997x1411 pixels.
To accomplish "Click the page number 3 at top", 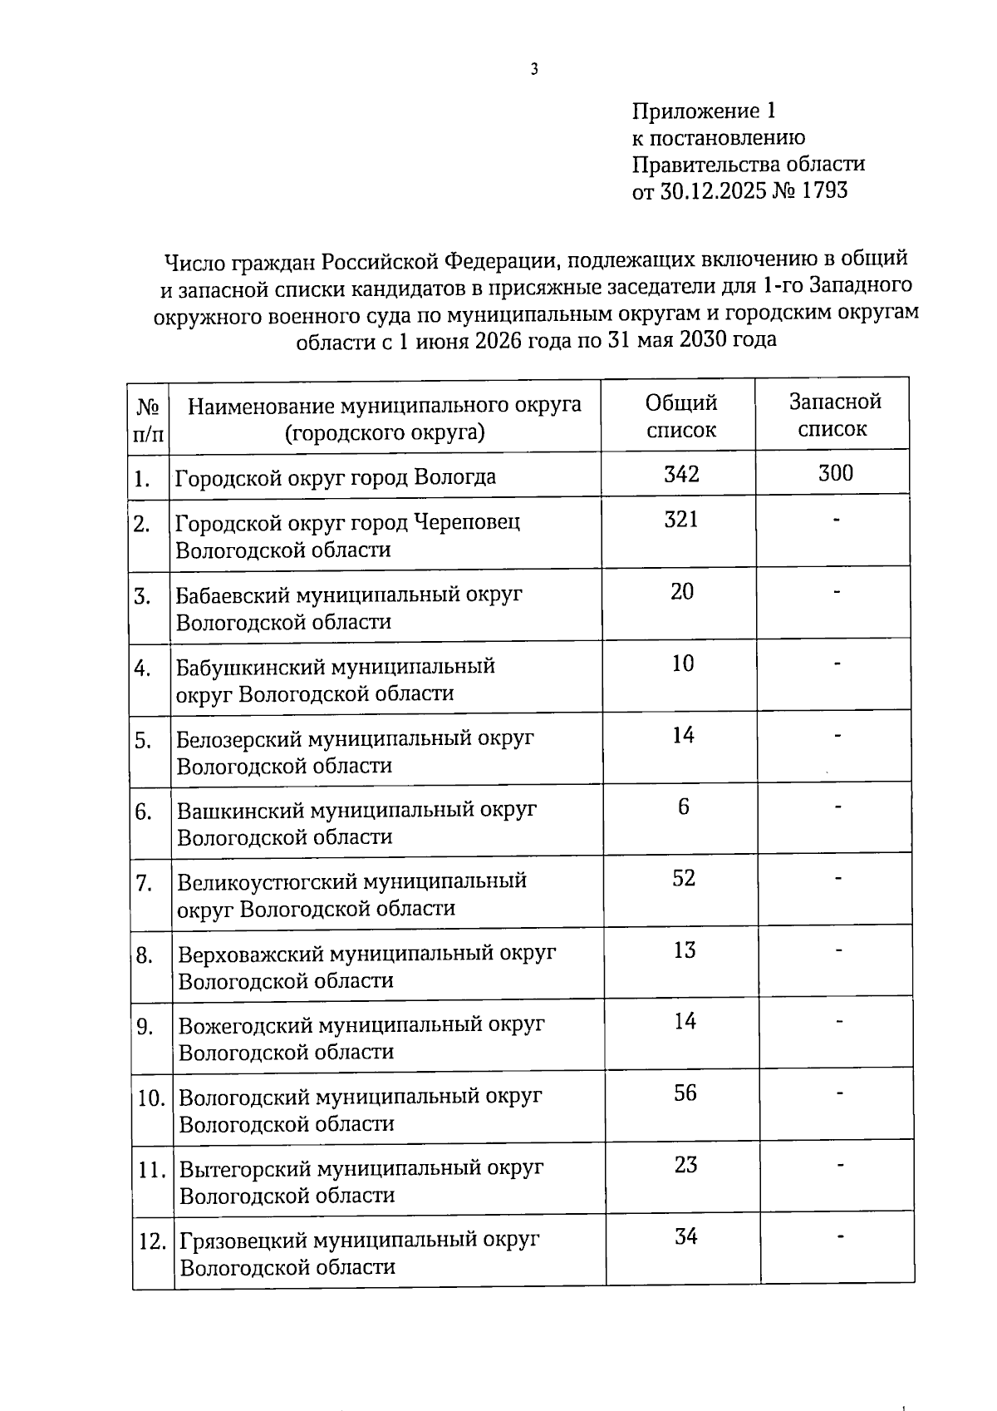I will pyautogui.click(x=534, y=70).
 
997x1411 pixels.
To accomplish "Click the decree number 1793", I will pyautogui.click(x=825, y=190).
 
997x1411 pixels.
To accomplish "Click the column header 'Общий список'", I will pyautogui.click(x=680, y=416).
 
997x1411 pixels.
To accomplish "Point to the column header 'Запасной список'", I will pyautogui.click(x=834, y=415).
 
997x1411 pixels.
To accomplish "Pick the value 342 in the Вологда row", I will pyautogui.click(x=681, y=475).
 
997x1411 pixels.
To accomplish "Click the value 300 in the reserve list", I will pyautogui.click(x=835, y=474).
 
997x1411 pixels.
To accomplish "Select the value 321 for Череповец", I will pyautogui.click(x=681, y=520).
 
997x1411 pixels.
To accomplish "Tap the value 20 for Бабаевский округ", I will pyautogui.click(x=682, y=592).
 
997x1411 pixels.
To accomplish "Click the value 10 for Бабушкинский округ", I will pyautogui.click(x=682, y=664).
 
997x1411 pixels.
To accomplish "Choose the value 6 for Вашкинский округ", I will pyautogui.click(x=683, y=807).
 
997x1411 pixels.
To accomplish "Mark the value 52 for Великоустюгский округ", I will pyautogui.click(x=684, y=878).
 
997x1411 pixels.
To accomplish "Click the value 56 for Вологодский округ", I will pyautogui.click(x=685, y=1093).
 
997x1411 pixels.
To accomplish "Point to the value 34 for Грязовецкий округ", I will pyautogui.click(x=685, y=1236).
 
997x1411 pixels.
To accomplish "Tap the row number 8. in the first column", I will pyautogui.click(x=145, y=956).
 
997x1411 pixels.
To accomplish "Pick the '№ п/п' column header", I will pyautogui.click(x=147, y=420).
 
